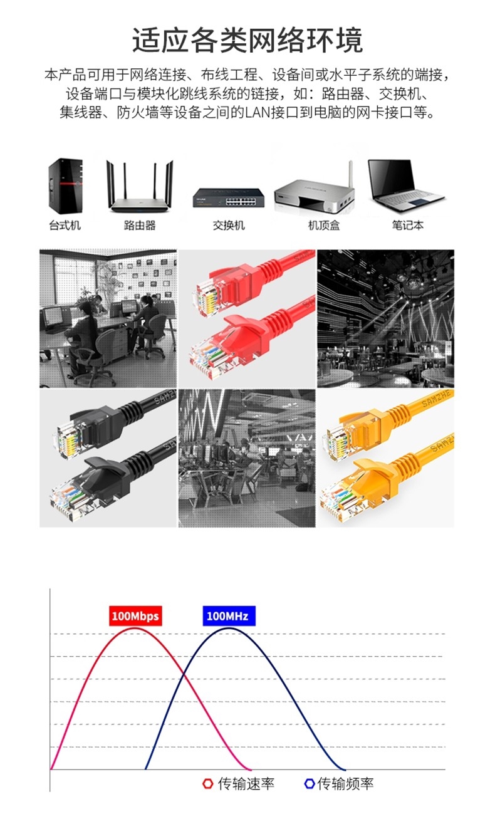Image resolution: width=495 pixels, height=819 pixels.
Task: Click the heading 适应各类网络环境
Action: pos(247,40)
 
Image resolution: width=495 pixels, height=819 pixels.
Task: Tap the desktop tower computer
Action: pos(65,186)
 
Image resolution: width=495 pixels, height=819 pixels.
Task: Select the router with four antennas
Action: pos(140,186)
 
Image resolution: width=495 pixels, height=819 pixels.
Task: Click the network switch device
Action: pos(229,198)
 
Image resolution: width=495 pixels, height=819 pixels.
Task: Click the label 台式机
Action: pos(65,225)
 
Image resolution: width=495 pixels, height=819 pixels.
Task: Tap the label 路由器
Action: pos(140,225)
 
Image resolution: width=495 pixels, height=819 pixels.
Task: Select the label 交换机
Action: pos(229,225)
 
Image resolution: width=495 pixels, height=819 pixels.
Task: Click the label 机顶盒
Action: pos(324,225)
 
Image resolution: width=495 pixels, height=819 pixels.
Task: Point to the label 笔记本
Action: pos(408,225)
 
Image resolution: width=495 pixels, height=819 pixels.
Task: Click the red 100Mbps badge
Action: pos(135,616)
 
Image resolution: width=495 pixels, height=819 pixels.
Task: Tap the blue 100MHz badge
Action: pos(229,616)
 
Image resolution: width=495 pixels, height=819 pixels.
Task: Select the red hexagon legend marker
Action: pos(207,783)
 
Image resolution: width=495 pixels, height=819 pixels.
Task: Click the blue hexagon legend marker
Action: pos(310,783)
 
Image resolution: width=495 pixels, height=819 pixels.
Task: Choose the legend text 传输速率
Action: pos(246,783)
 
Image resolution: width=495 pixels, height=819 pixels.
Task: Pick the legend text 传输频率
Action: pos(345,783)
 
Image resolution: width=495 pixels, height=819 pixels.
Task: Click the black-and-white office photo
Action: pos(108,318)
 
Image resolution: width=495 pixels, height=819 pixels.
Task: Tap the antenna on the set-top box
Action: pos(351,174)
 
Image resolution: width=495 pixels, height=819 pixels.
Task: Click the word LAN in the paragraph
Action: pos(258,113)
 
